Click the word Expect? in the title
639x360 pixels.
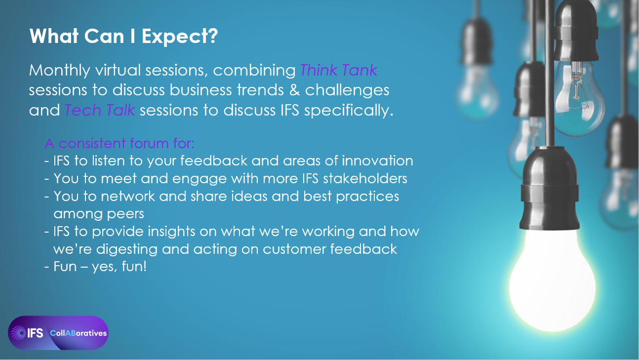point(180,37)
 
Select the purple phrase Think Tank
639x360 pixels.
point(339,70)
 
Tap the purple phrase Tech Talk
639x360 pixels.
point(100,110)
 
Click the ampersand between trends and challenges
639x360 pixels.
point(294,90)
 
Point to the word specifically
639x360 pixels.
point(349,111)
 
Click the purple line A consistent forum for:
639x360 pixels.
point(120,143)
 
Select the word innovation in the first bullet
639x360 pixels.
point(377,161)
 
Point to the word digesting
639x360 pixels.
point(126,249)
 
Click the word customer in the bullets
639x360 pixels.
point(294,249)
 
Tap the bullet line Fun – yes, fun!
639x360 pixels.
point(96,267)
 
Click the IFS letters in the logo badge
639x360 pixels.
point(35,333)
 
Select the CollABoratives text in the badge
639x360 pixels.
point(79,333)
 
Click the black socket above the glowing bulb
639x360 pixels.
point(550,188)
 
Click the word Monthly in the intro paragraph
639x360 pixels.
point(59,70)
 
